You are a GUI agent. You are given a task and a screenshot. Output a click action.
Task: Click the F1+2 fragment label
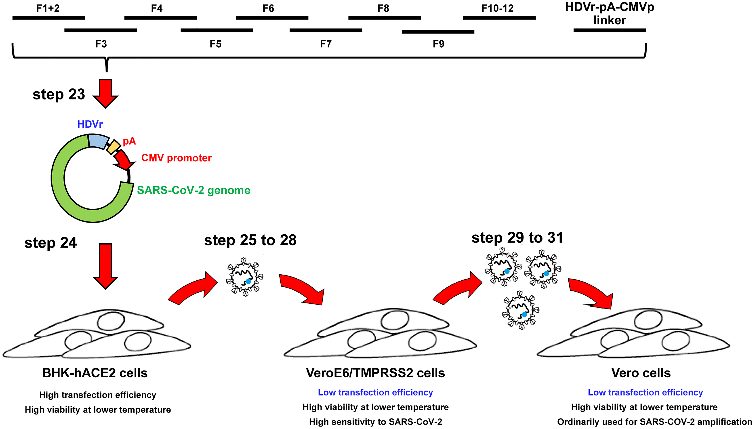pyautogui.click(x=48, y=8)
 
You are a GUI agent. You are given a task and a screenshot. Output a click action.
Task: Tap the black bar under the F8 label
pyautogui.click(x=385, y=18)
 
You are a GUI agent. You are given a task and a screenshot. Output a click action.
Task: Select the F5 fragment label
pyautogui.click(x=215, y=44)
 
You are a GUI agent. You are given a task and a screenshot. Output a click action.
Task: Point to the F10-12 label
pyautogui.click(x=497, y=8)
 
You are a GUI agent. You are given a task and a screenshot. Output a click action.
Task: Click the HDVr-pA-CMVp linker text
pyautogui.click(x=609, y=14)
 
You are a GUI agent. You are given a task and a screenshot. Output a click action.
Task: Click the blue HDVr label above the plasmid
pyautogui.click(x=90, y=124)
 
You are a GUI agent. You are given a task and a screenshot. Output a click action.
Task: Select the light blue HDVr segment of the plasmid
pyautogui.click(x=98, y=141)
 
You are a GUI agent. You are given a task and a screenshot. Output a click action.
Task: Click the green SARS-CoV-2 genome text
pyautogui.click(x=194, y=190)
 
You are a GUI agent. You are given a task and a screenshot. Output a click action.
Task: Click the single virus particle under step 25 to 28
pyautogui.click(x=244, y=277)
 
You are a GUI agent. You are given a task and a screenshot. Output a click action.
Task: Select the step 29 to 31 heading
pyautogui.click(x=517, y=238)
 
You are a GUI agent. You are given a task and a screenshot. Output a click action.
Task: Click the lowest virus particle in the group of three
pyautogui.click(x=521, y=310)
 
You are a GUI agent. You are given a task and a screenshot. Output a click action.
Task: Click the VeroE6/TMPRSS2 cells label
pyautogui.click(x=375, y=373)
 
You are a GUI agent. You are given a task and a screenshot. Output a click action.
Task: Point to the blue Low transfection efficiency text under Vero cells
pyautogui.click(x=645, y=392)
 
